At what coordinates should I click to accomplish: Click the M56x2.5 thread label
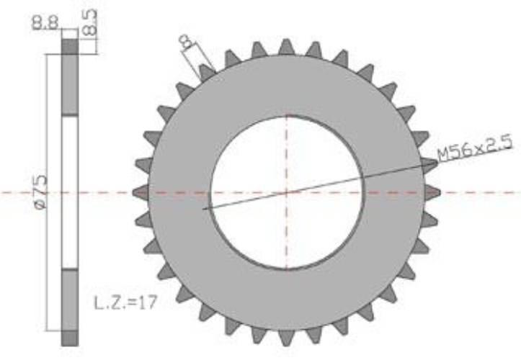[x=475, y=148]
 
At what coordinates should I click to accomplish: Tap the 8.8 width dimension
[x=45, y=23]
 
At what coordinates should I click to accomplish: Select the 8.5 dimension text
[x=89, y=22]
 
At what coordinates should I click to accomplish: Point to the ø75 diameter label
[x=40, y=192]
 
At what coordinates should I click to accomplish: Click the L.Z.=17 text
[x=125, y=303]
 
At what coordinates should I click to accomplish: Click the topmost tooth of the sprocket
[x=286, y=47]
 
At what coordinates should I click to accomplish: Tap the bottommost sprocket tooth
[x=286, y=338]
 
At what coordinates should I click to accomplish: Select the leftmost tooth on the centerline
[x=141, y=192]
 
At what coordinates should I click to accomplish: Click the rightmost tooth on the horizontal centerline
[x=432, y=192]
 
